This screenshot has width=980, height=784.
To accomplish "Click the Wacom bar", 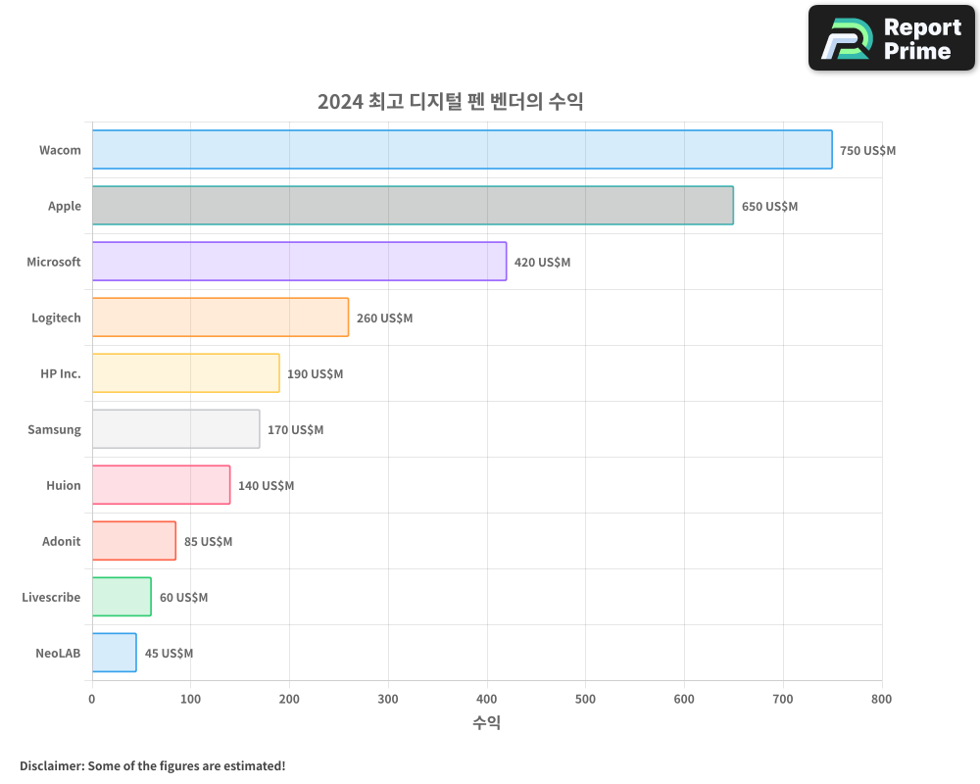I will [x=462, y=150].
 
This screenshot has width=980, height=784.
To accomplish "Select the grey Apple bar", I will [x=413, y=206].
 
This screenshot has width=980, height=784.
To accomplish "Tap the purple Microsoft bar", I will [x=299, y=262].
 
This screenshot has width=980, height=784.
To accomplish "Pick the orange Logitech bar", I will [x=220, y=318].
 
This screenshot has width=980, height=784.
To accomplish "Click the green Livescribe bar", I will [x=122, y=597].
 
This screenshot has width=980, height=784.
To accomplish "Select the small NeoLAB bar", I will [x=115, y=653].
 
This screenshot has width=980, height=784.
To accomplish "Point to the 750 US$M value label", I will [x=867, y=151].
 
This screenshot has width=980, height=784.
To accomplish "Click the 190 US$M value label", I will [x=315, y=374].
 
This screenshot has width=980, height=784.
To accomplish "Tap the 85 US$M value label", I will [x=208, y=542].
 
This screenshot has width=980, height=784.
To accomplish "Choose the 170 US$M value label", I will [x=295, y=430].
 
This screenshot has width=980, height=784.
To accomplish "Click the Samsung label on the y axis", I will [x=54, y=430].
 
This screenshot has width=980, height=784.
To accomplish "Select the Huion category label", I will [x=63, y=486].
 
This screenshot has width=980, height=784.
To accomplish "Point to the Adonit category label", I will [x=61, y=542].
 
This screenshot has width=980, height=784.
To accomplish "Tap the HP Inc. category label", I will [x=61, y=374].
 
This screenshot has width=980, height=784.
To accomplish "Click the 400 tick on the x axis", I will [x=487, y=700].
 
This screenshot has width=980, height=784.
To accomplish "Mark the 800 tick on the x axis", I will [x=881, y=700].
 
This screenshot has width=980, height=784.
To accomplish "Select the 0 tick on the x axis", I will [x=92, y=700].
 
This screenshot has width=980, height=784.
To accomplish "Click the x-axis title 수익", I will [x=487, y=723].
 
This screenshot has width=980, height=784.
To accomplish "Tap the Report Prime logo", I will [x=891, y=38].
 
